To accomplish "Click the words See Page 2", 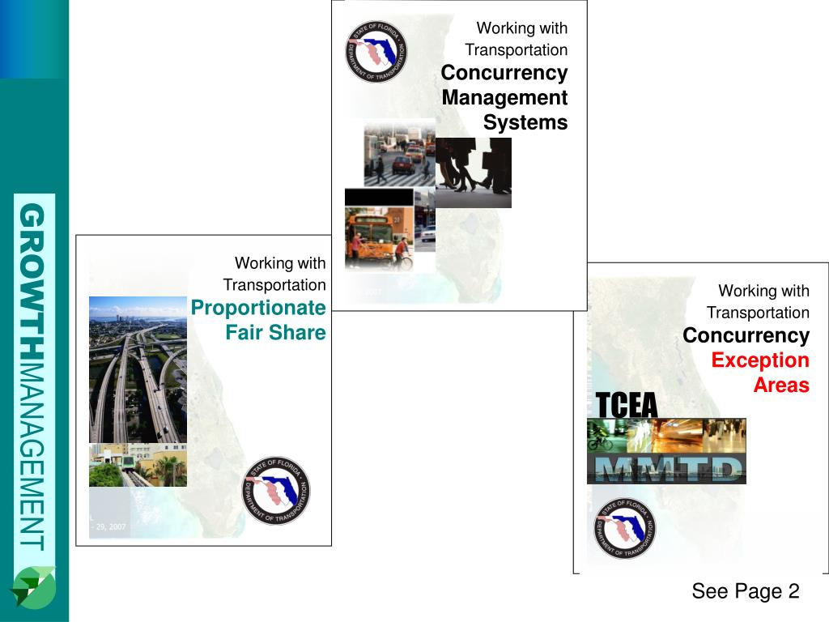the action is (x=745, y=592).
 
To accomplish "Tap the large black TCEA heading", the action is (x=627, y=405).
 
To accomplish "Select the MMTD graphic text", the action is (x=666, y=470).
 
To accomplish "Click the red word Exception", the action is (x=760, y=360).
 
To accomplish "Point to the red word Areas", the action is (x=781, y=386).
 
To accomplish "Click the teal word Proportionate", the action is (x=258, y=308).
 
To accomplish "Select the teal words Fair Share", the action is (x=275, y=333).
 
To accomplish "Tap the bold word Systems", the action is (x=525, y=123).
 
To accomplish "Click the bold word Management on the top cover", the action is (x=504, y=98).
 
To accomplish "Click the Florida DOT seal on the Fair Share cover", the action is (x=276, y=491).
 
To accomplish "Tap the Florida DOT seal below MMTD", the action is (x=624, y=527).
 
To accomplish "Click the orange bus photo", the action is (x=379, y=238).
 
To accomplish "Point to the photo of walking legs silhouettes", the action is (x=474, y=173).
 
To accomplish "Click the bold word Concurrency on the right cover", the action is (x=746, y=335).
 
